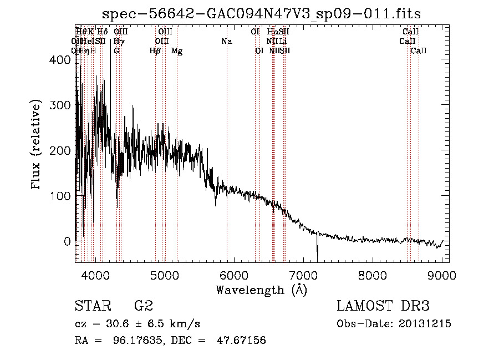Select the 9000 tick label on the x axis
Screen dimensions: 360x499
pos(442,275)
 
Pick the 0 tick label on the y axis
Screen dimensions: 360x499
pos(68,242)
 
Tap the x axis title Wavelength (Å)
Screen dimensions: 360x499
pos(262,290)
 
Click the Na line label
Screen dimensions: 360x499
pos(226,41)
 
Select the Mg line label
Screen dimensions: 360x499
pos(177,51)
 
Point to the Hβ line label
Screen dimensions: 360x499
pos(155,51)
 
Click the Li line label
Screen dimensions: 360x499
pos(283,41)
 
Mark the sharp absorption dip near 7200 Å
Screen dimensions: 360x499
pos(317,252)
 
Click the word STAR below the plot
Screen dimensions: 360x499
pos(92,306)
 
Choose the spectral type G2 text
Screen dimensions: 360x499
pos(144,306)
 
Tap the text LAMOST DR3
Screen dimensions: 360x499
pos(383,306)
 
